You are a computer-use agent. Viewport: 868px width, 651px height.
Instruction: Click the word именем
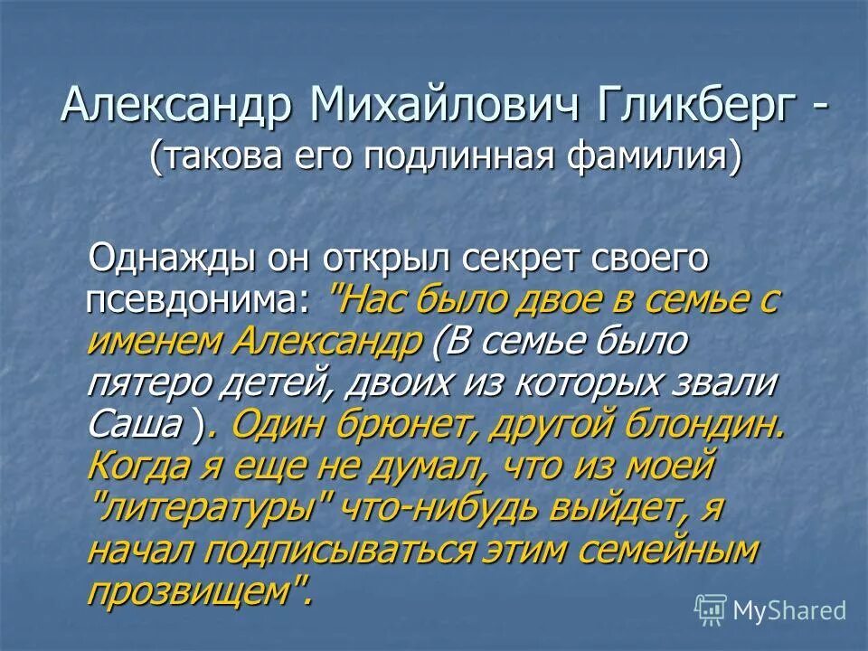click(155, 344)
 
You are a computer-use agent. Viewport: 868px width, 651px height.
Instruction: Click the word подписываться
click(357, 551)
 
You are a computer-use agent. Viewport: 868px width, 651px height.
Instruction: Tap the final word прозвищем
click(194, 592)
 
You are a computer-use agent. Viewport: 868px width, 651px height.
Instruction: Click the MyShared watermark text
click(789, 610)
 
